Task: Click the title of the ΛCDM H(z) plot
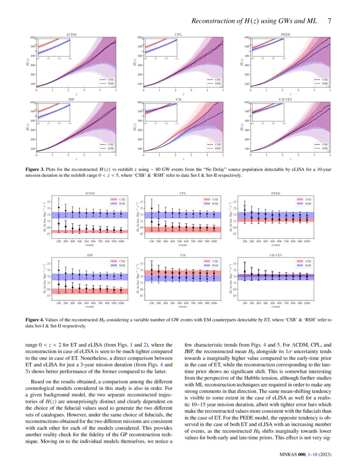pyautogui.click(x=76, y=34)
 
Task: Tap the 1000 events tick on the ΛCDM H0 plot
pyautogui.click(x=121, y=241)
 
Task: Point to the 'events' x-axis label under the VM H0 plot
pyautogui.click(x=183, y=307)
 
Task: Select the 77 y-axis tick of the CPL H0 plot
pyautogui.click(x=141, y=202)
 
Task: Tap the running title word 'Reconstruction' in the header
pyautogui.click(x=212, y=21)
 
